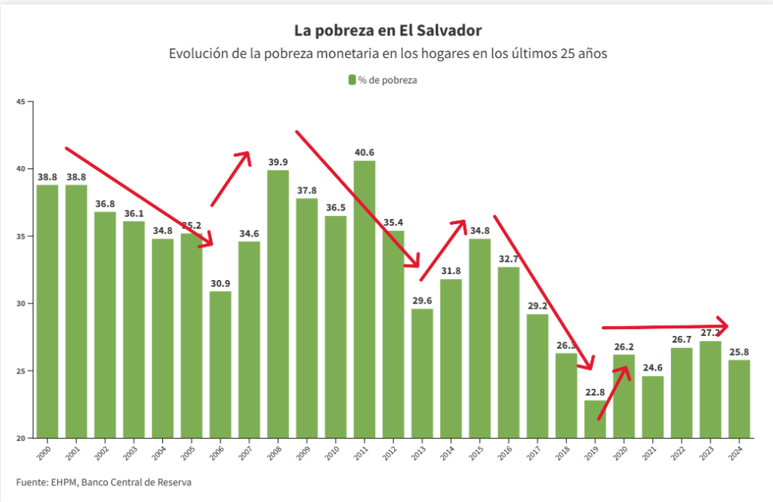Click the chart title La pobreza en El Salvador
point(386,30)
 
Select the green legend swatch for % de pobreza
point(352,79)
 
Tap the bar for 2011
point(365,302)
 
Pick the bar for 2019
point(595,419)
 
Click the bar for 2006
point(220,366)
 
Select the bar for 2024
point(739,400)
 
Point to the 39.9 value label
point(278,162)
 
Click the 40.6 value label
point(365,152)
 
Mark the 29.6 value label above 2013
point(422,300)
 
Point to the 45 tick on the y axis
point(20,101)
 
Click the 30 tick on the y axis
point(20,303)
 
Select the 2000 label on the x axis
point(48,448)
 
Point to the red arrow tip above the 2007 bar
point(247,154)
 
